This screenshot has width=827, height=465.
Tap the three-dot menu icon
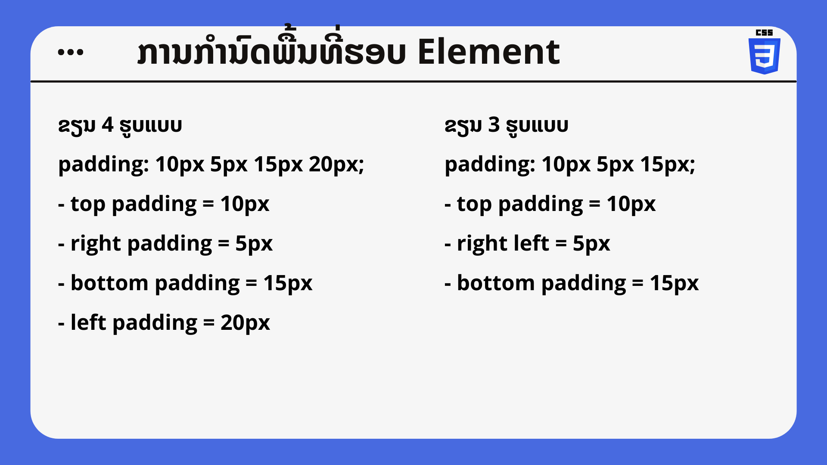(71, 52)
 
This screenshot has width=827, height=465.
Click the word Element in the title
(488, 52)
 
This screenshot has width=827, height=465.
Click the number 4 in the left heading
(107, 125)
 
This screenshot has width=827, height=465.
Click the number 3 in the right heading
(494, 125)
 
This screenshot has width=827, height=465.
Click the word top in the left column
(88, 204)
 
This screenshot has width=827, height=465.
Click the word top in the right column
(474, 204)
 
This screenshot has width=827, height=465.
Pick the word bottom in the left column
(109, 283)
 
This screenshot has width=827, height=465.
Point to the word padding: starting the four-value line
(104, 165)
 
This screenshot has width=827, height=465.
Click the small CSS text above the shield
(765, 32)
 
